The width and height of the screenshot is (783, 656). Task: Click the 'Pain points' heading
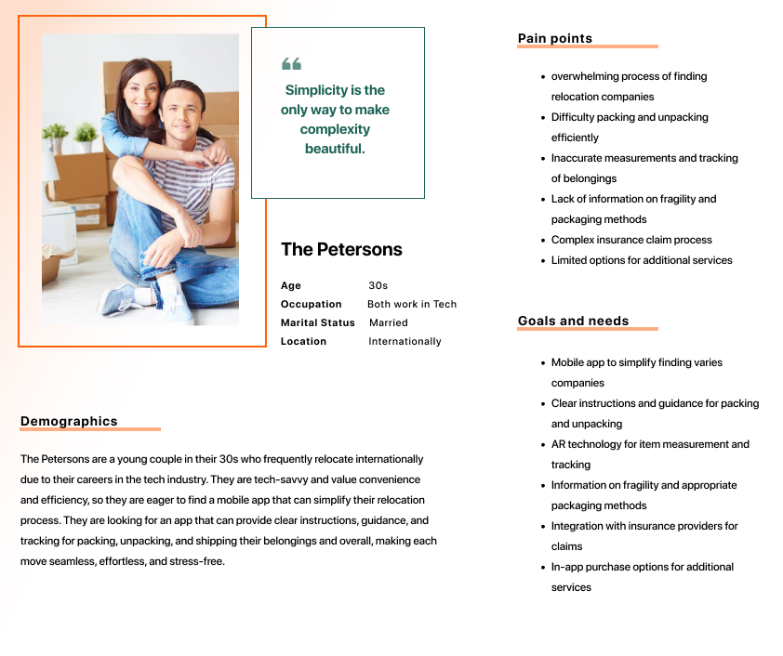pos(554,39)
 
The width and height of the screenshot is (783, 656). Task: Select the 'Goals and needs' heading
pos(573,321)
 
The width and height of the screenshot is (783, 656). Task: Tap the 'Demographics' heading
pos(69,422)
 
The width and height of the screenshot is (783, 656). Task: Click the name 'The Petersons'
pos(341,249)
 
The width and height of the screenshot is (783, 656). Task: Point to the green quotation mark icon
pos(291,64)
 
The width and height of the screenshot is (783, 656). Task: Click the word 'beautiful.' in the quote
pos(335,149)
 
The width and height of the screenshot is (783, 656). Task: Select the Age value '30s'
pos(378,286)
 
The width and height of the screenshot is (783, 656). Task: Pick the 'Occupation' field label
pos(312,305)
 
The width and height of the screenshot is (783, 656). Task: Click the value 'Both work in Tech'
pos(412,305)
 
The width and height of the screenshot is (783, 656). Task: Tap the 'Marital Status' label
pos(318,323)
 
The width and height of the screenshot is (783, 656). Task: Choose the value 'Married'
pos(389,323)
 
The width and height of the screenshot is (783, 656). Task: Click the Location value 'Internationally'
pos(405,342)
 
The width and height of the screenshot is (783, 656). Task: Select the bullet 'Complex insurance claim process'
pos(631,240)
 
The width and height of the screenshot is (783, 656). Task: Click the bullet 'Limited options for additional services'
pos(642,260)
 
